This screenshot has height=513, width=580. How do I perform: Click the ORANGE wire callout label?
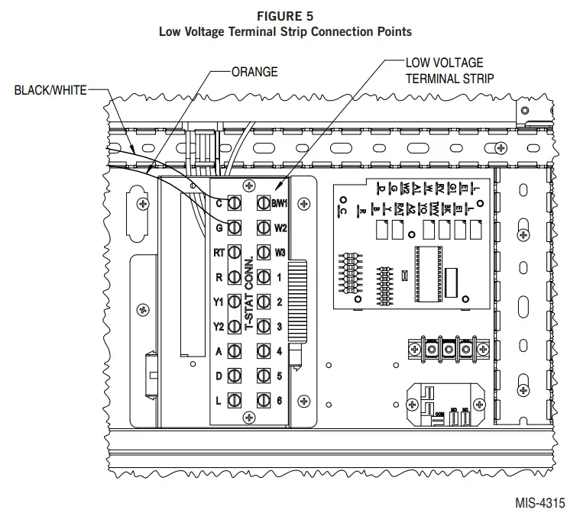tap(254, 73)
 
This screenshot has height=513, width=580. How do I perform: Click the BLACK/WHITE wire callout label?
tap(50, 90)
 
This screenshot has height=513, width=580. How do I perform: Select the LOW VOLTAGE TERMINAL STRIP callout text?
tap(449, 70)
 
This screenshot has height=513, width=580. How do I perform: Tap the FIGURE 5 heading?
tap(285, 15)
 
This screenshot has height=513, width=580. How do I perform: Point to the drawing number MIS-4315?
tap(539, 503)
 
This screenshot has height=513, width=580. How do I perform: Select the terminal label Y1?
tap(218, 302)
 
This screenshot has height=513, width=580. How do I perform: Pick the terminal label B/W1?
tap(279, 203)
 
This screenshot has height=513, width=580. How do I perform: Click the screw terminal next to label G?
tap(235, 227)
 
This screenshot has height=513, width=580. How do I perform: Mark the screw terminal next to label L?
tap(235, 400)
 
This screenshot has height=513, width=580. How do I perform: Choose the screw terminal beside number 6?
tap(264, 400)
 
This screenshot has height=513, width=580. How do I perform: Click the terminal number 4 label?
tap(280, 351)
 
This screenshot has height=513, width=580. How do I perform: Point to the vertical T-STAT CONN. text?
tap(249, 294)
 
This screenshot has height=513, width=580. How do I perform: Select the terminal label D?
tap(219, 376)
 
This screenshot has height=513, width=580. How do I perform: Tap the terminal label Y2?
tap(218, 327)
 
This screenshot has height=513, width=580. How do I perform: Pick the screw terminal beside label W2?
tap(264, 227)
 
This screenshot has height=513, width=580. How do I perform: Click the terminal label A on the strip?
tap(219, 351)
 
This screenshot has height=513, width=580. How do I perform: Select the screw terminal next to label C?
tap(235, 203)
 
